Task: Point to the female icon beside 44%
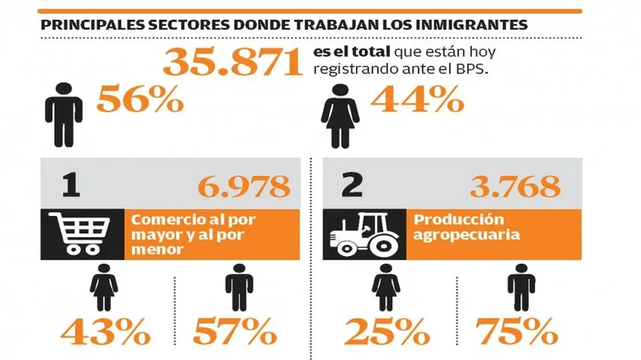[x=340, y=115]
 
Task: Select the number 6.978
[x=244, y=186]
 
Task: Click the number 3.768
[x=515, y=186]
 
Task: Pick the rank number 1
[x=71, y=186]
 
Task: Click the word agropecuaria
[x=467, y=234]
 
